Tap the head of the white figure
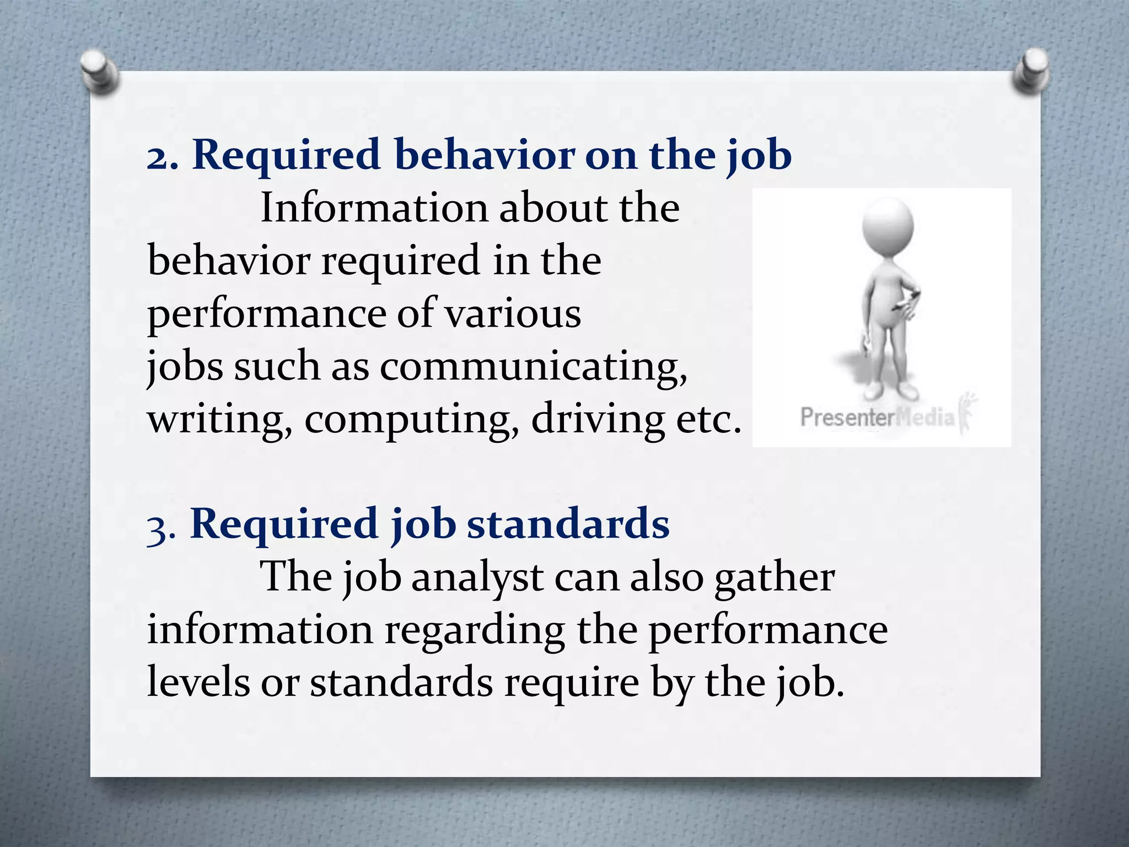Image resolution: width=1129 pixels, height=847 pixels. pos(888,226)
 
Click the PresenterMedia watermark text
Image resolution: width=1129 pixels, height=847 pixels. pos(877,417)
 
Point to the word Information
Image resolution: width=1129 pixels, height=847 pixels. pos(374,208)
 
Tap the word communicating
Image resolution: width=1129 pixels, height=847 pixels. pos(533,367)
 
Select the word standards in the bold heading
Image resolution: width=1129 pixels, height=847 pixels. pos(568,524)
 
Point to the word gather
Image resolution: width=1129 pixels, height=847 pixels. pos(774,578)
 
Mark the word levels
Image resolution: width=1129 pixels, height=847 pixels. pos(198,683)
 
